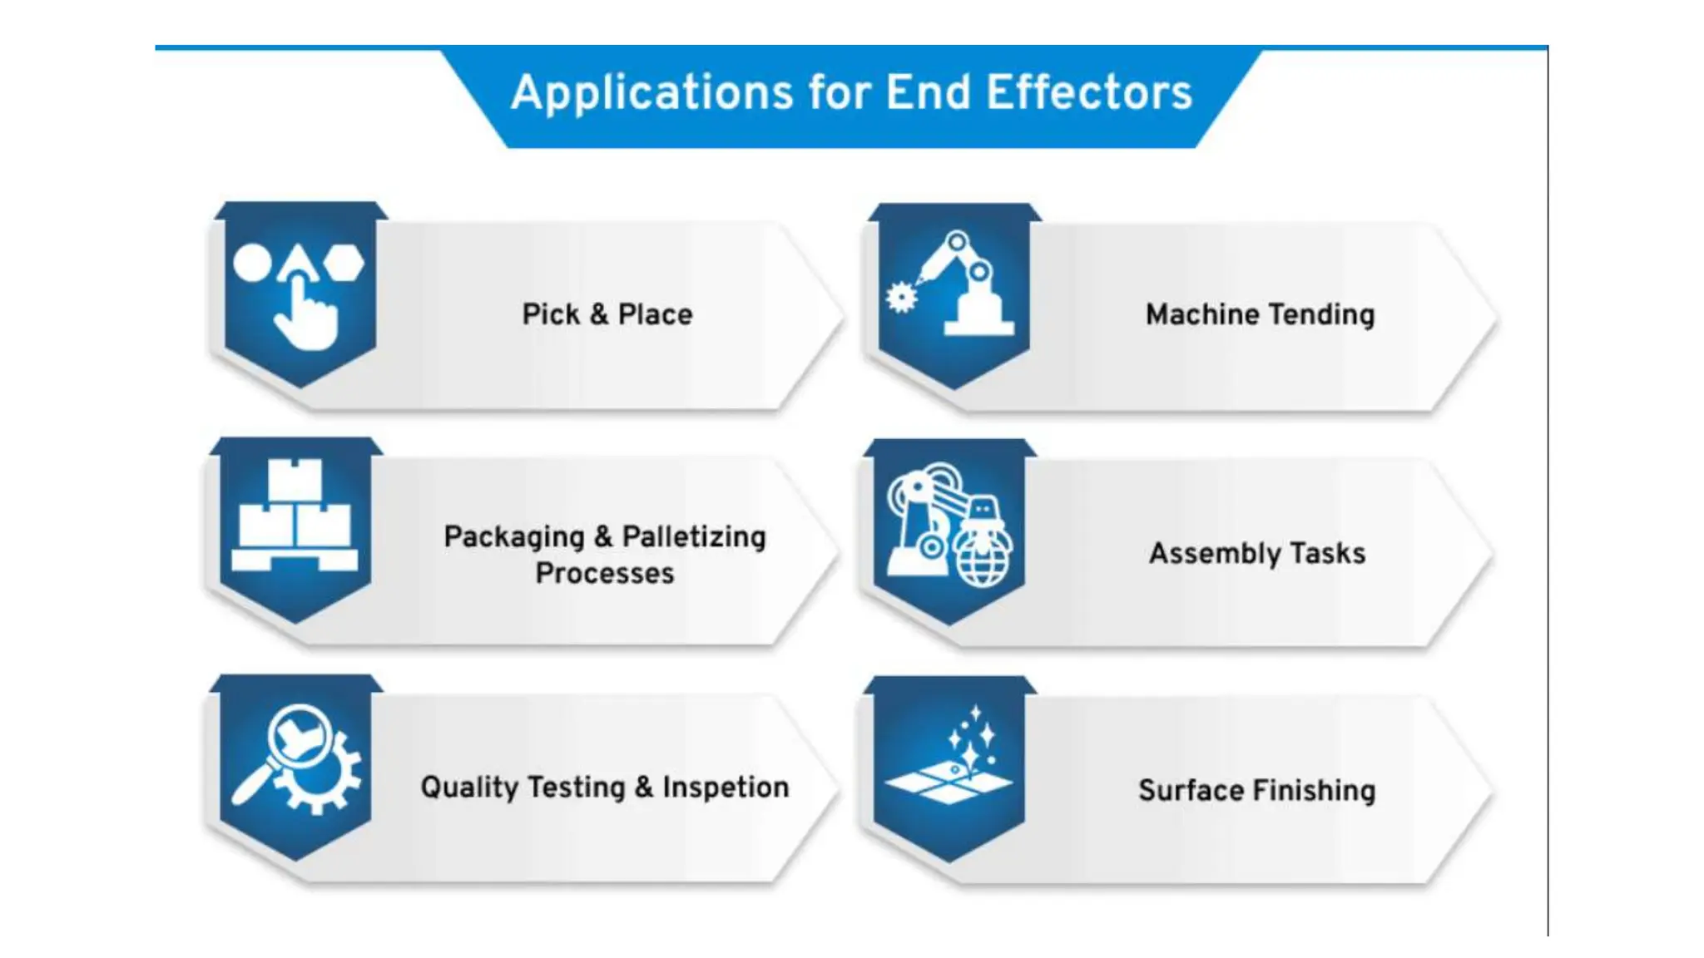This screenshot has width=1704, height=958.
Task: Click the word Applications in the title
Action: pos(651,93)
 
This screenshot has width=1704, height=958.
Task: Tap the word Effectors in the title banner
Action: pos(1089,93)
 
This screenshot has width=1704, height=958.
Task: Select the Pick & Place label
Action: pos(607,314)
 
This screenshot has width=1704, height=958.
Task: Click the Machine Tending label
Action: pos(1260,314)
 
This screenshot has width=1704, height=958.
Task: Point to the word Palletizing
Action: pos(693,536)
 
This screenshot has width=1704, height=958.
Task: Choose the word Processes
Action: pos(605,573)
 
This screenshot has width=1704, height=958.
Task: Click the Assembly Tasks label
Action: pos(1257,553)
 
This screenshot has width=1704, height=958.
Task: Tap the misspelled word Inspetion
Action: pos(725,787)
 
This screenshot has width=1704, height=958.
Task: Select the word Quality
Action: pos(468,787)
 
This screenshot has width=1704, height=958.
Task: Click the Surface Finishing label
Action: pos(1256,790)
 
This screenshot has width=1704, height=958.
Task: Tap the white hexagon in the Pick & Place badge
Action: pos(344,263)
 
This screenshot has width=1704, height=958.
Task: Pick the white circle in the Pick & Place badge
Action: pos(252,263)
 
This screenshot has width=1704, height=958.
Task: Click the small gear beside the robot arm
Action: pos(900,297)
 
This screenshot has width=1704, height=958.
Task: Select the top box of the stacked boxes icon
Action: pos(295,479)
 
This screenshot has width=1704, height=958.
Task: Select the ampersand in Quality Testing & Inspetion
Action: pos(644,787)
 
